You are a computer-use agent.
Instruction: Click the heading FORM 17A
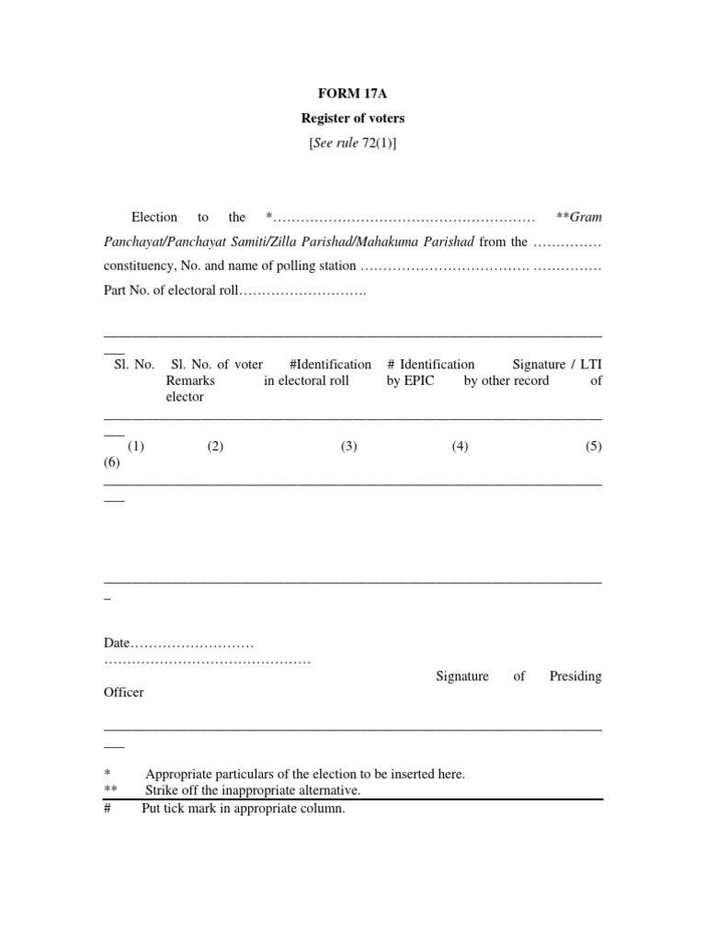(353, 92)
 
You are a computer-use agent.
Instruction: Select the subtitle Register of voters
(353, 118)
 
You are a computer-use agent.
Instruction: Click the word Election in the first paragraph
(154, 218)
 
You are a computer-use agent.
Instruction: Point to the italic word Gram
(586, 218)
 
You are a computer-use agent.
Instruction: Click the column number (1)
(137, 447)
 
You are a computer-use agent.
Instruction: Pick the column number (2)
(215, 447)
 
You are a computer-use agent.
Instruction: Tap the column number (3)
(348, 447)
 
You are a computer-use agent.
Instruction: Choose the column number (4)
(460, 447)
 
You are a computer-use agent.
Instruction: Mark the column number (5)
(593, 447)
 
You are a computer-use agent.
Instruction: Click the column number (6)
(113, 463)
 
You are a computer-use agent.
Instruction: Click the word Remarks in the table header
(190, 380)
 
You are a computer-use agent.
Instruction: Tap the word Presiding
(575, 676)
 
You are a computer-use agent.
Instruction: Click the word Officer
(124, 693)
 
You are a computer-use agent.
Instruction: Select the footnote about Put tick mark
(243, 809)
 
